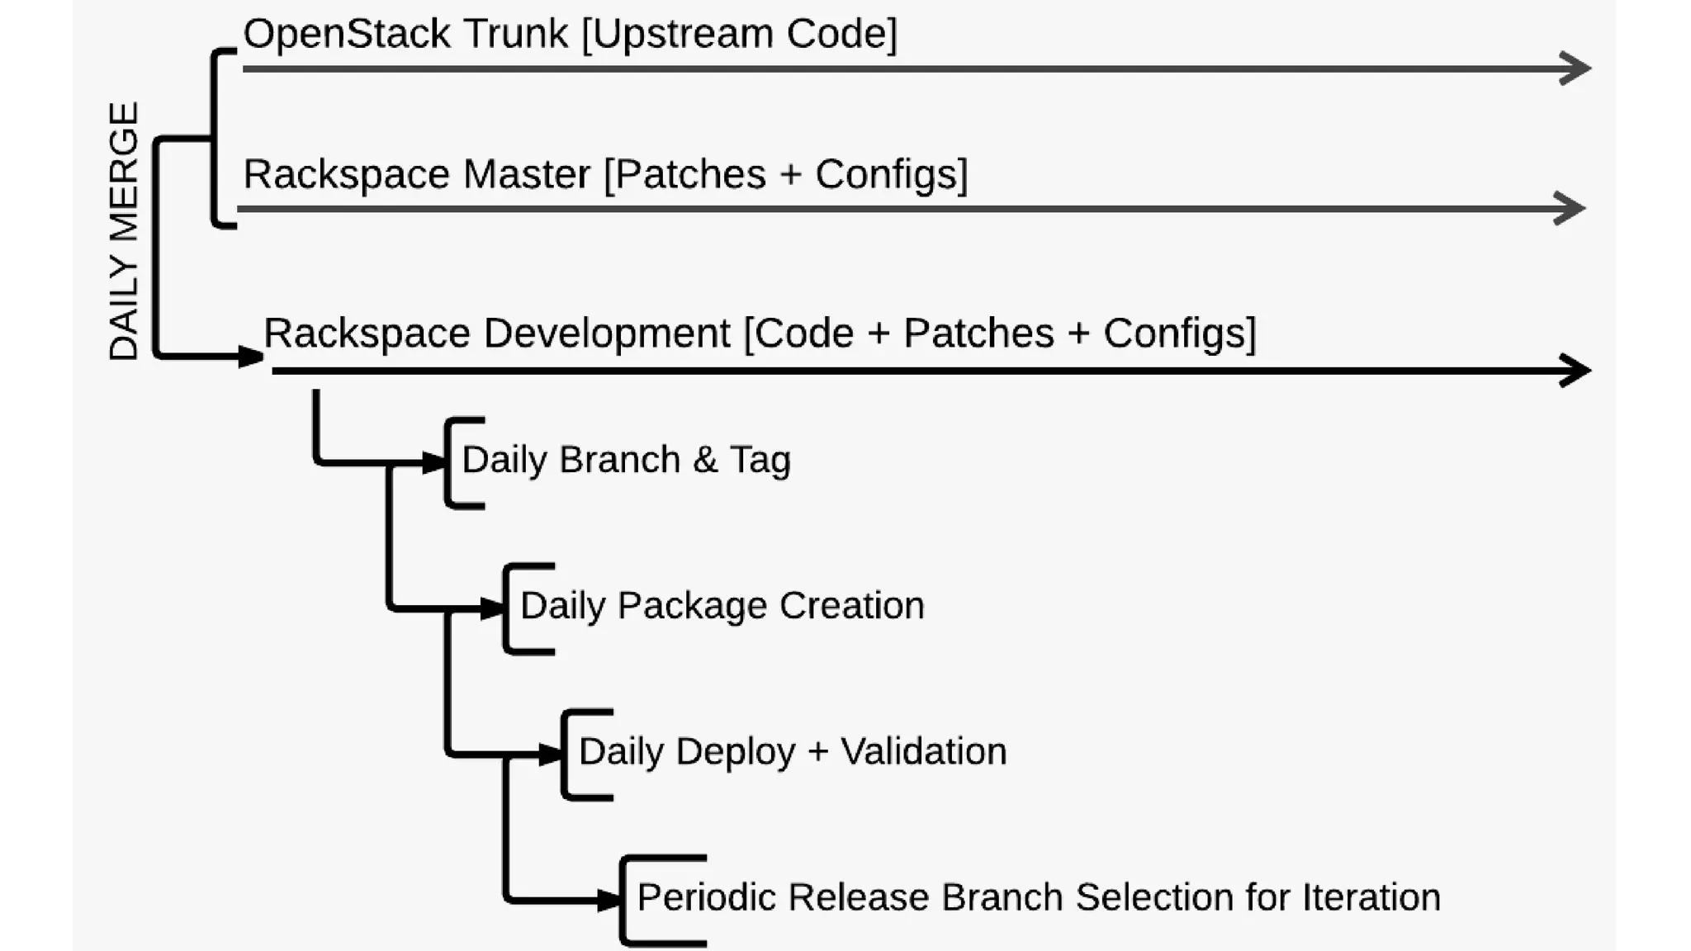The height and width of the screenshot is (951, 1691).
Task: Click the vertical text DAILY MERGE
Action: pyautogui.click(x=124, y=231)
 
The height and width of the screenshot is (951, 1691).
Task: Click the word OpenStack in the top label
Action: pyautogui.click(x=347, y=35)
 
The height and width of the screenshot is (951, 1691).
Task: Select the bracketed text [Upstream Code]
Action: pyautogui.click(x=739, y=35)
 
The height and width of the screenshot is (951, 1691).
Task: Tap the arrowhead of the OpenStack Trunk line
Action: pyautogui.click(x=1575, y=68)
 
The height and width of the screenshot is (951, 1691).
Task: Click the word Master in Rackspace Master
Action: pyautogui.click(x=526, y=175)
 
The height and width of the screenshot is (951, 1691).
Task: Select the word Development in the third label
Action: pyautogui.click(x=606, y=334)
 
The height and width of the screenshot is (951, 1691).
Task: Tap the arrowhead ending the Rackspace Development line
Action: pyautogui.click(x=1575, y=370)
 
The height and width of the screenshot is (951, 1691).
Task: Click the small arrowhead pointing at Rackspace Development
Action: pyautogui.click(x=250, y=357)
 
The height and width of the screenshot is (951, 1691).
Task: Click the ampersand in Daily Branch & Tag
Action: pyautogui.click(x=704, y=461)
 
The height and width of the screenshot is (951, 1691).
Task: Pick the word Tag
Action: pyautogui.click(x=760, y=461)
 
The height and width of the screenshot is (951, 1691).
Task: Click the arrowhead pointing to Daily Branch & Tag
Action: pyautogui.click(x=434, y=462)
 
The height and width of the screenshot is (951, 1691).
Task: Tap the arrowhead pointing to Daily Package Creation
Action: pyautogui.click(x=493, y=608)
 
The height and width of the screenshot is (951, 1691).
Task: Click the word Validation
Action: pyautogui.click(x=923, y=752)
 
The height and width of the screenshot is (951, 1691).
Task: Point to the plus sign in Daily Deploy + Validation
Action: pyautogui.click(x=817, y=752)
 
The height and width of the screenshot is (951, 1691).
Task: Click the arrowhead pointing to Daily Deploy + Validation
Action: pyautogui.click(x=551, y=754)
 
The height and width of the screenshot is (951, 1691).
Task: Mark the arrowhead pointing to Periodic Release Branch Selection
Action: pyautogui.click(x=609, y=900)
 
